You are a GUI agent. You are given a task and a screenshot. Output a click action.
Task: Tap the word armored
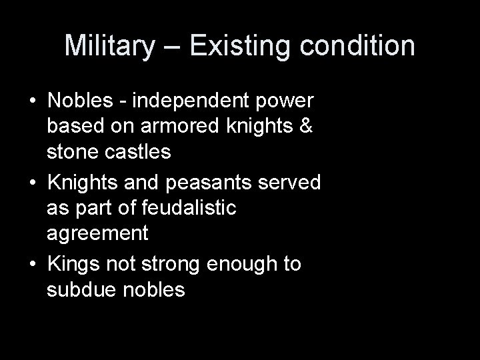point(169,127)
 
